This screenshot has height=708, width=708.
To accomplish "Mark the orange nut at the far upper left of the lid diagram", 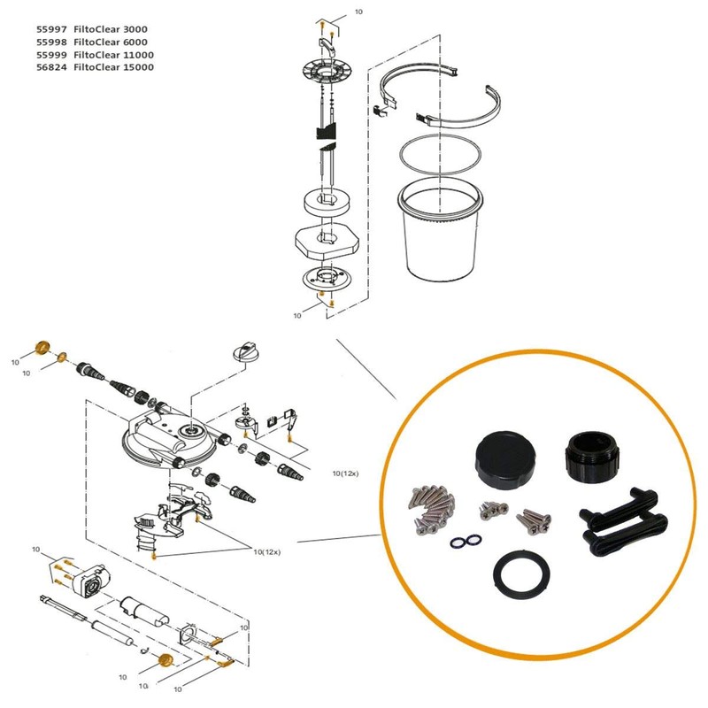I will coord(40,346).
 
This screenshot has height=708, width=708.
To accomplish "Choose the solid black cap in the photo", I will coord(502,457).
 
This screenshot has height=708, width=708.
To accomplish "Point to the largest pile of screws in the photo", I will coord(430,509).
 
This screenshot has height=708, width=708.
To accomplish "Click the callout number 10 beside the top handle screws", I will coord(358,13).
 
